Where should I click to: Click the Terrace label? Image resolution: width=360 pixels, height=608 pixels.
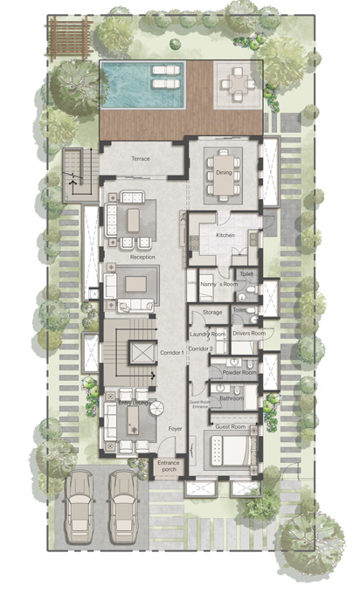142,160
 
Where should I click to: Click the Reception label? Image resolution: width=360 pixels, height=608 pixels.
142,258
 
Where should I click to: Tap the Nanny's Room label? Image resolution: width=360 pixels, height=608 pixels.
218,285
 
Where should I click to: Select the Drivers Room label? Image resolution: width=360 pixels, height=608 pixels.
248,334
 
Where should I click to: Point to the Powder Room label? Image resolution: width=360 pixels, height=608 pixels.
239,373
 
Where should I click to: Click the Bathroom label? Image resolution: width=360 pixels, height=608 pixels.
232,398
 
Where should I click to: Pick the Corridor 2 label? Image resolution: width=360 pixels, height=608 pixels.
203,349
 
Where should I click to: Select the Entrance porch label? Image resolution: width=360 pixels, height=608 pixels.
167,468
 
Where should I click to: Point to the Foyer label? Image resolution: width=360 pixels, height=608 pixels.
174,429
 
